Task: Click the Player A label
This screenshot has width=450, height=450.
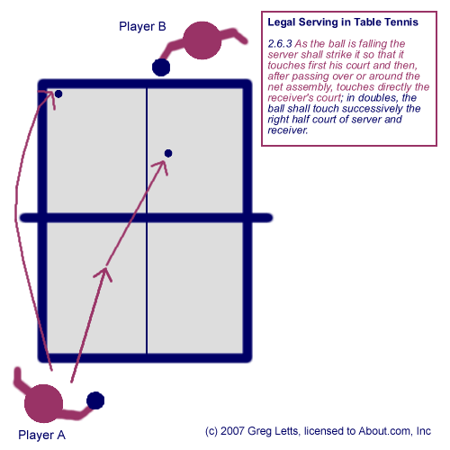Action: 41,435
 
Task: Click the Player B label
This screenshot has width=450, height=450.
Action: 142,26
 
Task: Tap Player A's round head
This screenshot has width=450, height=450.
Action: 44,403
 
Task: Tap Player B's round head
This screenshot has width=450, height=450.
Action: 202,40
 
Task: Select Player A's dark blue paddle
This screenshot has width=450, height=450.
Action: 95,400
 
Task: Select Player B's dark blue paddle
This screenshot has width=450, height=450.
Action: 161,67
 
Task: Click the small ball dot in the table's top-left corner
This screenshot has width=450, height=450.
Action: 58,94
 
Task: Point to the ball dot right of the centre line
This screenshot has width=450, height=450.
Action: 168,153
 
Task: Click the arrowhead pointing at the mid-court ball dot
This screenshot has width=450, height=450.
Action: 161,166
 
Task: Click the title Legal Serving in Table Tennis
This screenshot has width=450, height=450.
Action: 343,22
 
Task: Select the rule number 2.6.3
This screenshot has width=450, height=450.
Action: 280,44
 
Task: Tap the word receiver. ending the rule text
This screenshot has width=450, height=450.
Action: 288,130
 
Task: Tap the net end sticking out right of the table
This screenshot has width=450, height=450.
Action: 262,218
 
